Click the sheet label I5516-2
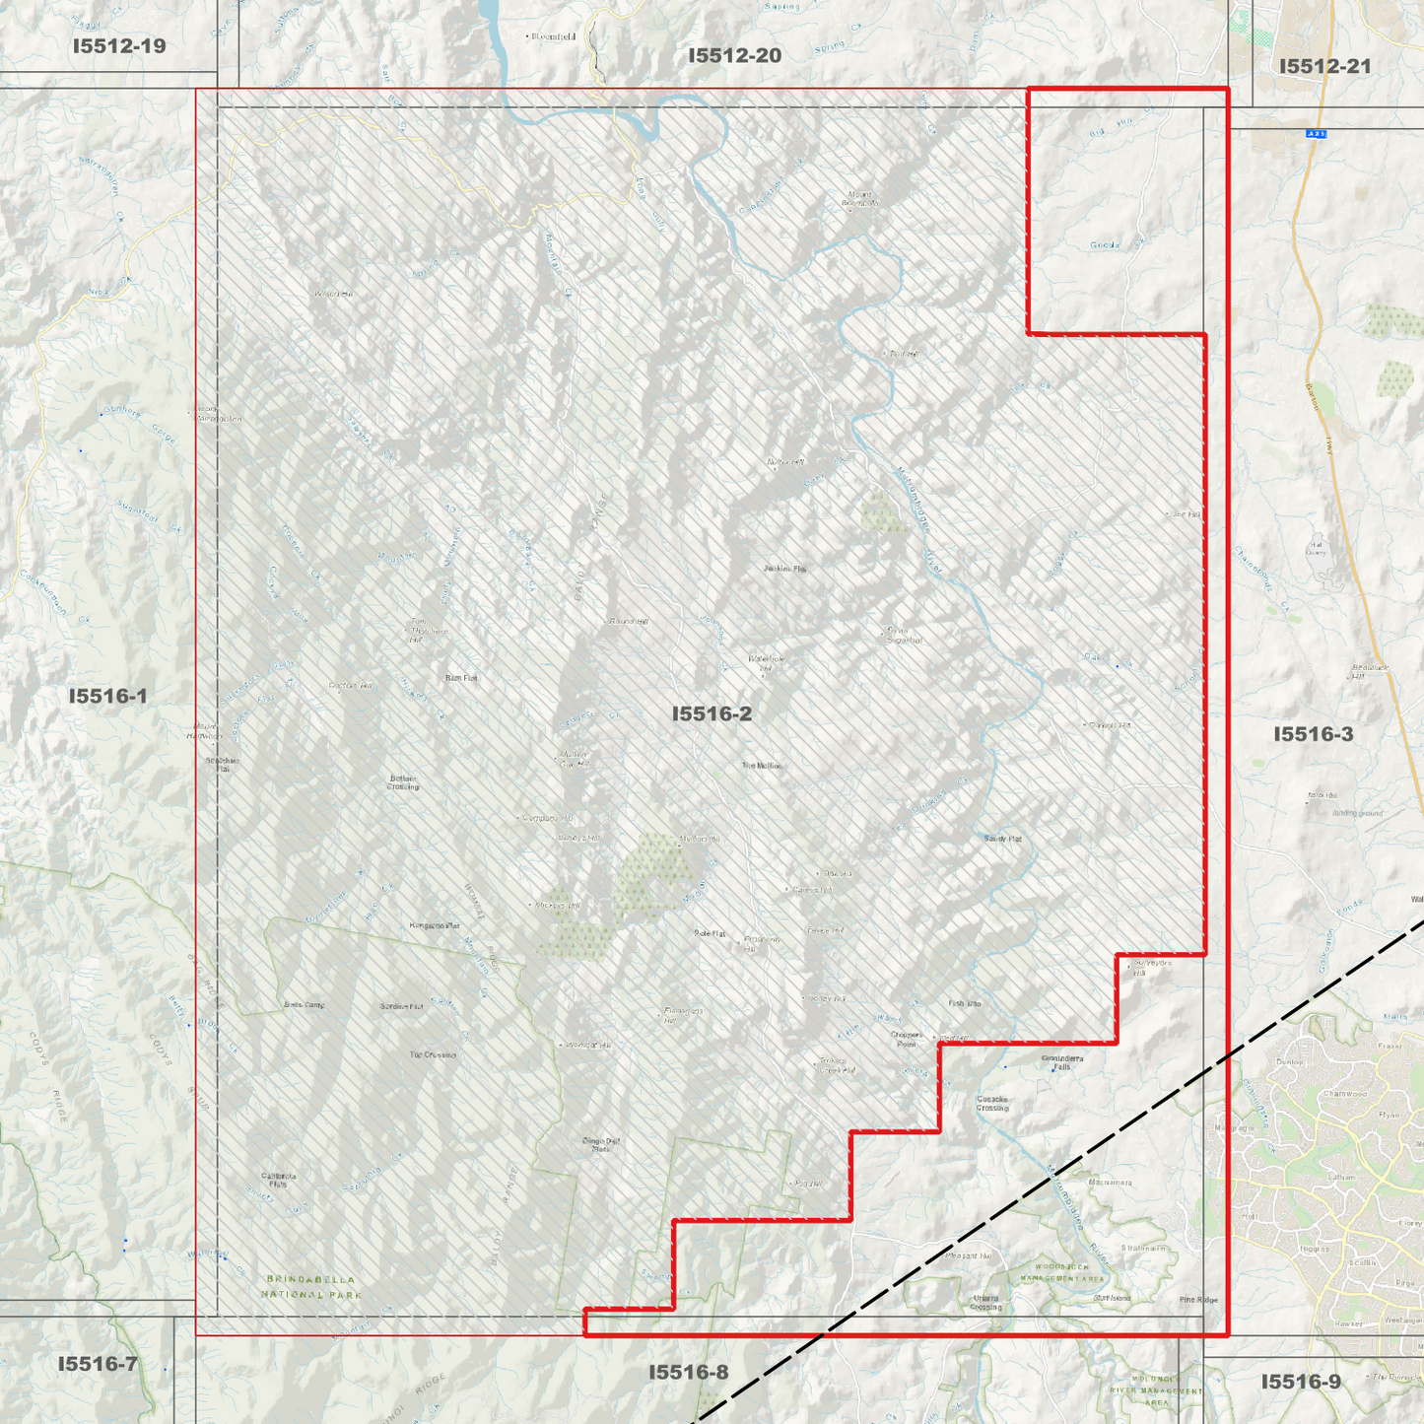712,713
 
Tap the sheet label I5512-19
119,45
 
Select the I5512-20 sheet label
734,55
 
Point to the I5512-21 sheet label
1324,66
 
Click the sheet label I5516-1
108,696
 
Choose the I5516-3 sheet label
1313,734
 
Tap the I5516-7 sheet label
98,1364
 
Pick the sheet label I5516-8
689,1372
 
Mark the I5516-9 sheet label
1301,1382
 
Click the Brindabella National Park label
313,1287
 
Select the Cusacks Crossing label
992,1104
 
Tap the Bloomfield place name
554,36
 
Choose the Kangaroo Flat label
435,926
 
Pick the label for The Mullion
762,766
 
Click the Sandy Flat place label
1003,839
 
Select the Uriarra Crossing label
985,1303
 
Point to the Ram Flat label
461,678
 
